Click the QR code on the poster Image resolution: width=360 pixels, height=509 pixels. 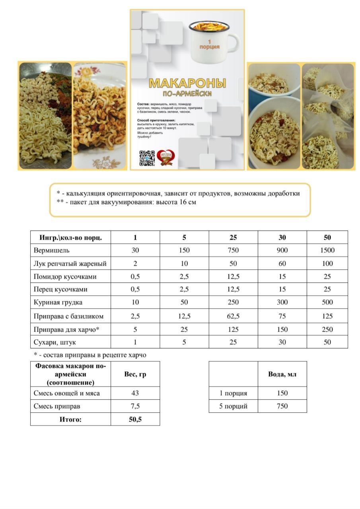point(147,158)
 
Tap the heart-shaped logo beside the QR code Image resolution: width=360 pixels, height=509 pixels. point(164,158)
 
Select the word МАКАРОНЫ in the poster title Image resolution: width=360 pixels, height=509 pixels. point(187,83)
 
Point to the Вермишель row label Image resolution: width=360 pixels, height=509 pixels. point(51,250)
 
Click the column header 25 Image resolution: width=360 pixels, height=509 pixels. point(233,237)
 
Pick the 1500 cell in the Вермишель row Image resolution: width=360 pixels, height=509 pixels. point(327,250)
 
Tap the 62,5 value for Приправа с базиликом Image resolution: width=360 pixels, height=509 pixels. point(233,316)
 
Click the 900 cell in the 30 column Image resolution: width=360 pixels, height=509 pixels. point(282,250)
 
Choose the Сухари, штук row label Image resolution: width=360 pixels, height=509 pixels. point(55,342)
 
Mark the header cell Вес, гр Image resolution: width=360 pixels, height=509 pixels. point(135,374)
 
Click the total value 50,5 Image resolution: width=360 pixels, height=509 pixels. point(135,419)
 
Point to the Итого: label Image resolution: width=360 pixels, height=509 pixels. point(70,419)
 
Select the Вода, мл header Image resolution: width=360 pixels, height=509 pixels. point(282,374)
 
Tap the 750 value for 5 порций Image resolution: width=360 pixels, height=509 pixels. point(282,406)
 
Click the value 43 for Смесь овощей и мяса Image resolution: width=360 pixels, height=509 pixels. point(135,393)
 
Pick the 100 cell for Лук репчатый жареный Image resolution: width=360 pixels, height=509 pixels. point(327,263)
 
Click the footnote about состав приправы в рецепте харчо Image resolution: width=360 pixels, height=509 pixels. point(90,355)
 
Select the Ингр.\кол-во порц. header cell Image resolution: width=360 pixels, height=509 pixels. point(70,237)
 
